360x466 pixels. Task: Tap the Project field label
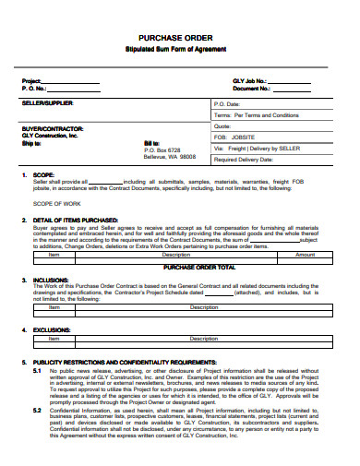pyautogui.click(x=31, y=81)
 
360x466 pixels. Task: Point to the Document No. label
pyautogui.click(x=251, y=89)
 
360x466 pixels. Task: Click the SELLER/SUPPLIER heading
pyautogui.click(x=47, y=104)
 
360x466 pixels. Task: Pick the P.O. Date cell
pyautogui.click(x=227, y=104)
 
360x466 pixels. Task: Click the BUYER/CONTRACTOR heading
pyautogui.click(x=53, y=128)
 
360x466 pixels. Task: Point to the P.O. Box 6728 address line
pyautogui.click(x=168, y=149)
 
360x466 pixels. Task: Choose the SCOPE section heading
pyautogui.click(x=44, y=174)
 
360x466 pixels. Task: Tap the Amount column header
pyautogui.click(x=305, y=255)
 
